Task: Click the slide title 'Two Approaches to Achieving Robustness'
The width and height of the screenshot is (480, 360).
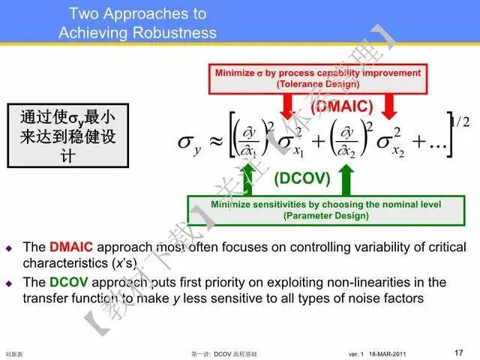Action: point(137,23)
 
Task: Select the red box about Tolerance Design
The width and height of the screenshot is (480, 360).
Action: point(317,79)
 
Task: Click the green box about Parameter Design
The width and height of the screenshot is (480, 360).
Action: point(325,210)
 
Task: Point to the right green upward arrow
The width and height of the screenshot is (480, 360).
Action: point(346,181)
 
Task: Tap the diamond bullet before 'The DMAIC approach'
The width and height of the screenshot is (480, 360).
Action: point(10,247)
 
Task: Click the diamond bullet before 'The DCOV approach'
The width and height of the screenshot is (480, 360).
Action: point(10,283)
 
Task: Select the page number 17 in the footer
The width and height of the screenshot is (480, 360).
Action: point(459,351)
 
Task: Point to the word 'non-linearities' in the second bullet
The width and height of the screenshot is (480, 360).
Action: point(370,283)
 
